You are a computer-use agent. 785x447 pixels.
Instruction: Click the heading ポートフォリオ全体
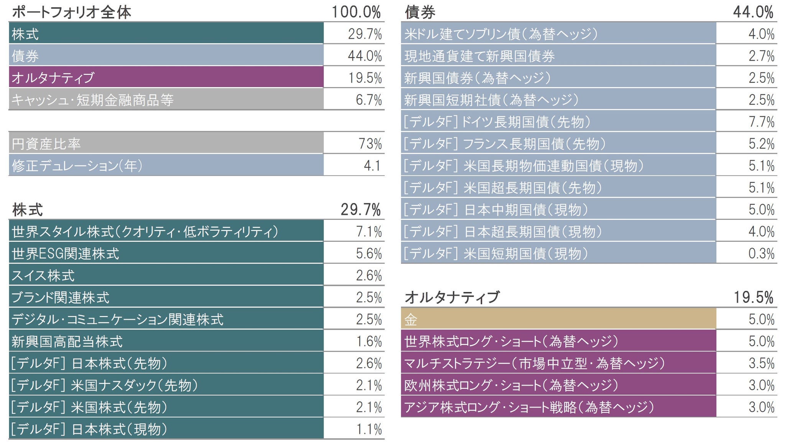[x=72, y=12]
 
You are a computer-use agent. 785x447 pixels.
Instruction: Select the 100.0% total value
[x=356, y=12]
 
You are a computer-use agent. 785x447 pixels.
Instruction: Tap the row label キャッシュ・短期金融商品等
[x=92, y=100]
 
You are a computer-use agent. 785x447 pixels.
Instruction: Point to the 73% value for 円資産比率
[x=370, y=144]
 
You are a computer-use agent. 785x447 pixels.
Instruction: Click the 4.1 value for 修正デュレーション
[x=372, y=166]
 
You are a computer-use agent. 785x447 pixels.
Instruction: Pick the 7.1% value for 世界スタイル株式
[x=369, y=232]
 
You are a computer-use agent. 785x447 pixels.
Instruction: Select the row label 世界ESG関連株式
[x=66, y=254]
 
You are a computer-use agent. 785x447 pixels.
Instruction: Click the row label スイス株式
[x=43, y=275]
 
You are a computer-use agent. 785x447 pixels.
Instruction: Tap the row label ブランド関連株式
[x=61, y=297]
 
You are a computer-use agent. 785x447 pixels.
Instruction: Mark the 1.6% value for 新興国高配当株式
[x=369, y=341]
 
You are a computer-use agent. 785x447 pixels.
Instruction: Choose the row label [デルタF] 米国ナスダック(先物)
[x=104, y=385]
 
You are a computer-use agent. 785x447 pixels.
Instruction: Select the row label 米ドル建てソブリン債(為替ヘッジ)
[x=501, y=34]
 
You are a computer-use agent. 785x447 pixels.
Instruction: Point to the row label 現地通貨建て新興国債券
[x=480, y=56]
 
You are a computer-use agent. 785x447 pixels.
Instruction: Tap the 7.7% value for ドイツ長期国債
[x=762, y=122]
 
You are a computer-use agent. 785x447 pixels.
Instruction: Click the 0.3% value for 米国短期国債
[x=762, y=254]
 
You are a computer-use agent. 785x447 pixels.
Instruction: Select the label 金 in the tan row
[x=411, y=319]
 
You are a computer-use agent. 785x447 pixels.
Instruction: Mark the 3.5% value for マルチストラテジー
[x=762, y=363]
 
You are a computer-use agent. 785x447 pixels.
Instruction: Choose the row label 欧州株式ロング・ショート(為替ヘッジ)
[x=511, y=385]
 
